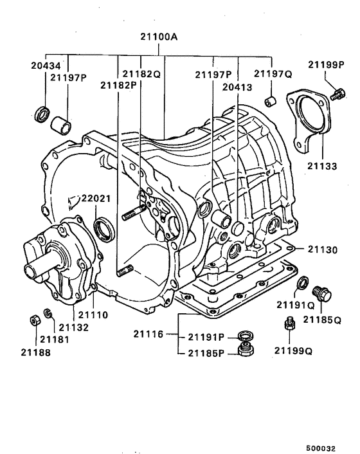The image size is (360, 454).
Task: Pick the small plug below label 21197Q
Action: (x=271, y=101)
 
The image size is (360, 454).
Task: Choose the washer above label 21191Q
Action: (x=301, y=283)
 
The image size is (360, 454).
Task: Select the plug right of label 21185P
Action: (x=244, y=350)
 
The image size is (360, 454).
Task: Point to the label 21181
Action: (x=51, y=339)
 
